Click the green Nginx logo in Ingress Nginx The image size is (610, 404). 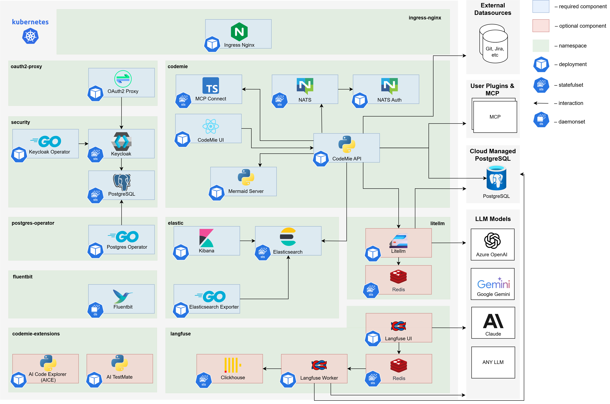[239, 32]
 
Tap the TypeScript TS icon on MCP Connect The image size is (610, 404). [211, 86]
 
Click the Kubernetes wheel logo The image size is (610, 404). [30, 36]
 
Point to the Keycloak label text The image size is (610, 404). [121, 154]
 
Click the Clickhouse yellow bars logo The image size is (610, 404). [232, 365]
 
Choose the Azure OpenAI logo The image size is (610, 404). [492, 241]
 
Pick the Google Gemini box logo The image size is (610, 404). [493, 283]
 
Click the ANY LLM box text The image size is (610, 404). [493, 362]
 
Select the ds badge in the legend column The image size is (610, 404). [541, 120]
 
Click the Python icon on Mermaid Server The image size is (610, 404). [246, 177]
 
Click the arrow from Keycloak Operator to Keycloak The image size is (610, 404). [83, 144]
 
